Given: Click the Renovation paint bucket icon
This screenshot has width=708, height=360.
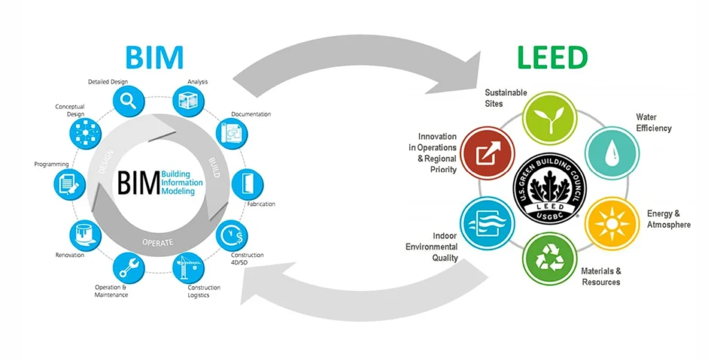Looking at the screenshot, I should pyautogui.click(x=83, y=236).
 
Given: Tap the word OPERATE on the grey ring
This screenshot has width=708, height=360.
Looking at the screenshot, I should pyautogui.click(x=157, y=243).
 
